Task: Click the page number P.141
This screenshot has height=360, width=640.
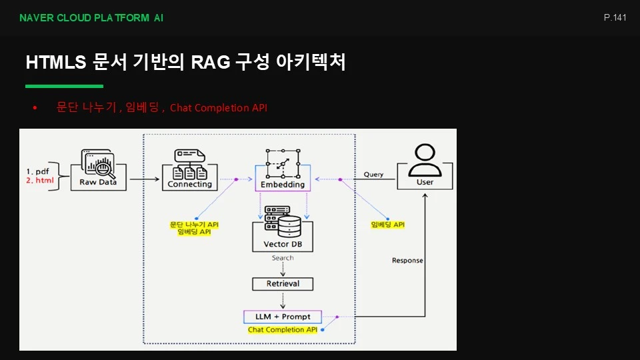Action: [x=615, y=17]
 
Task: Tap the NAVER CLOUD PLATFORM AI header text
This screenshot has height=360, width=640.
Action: [x=91, y=18]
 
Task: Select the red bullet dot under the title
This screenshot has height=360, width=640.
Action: [x=35, y=108]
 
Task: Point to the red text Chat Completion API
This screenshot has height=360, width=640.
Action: [x=219, y=108]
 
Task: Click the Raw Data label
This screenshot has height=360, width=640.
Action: [x=98, y=182]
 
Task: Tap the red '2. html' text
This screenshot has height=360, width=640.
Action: [x=40, y=181]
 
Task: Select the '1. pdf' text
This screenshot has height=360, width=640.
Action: [x=37, y=171]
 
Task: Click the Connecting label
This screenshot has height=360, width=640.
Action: [x=190, y=184]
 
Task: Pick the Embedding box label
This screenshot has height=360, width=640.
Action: [x=283, y=185]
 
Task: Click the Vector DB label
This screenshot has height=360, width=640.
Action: [x=283, y=244]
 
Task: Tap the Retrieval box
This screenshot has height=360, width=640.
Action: [x=283, y=284]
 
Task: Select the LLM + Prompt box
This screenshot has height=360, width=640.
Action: [x=283, y=317]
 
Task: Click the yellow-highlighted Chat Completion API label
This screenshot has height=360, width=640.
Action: [x=283, y=329]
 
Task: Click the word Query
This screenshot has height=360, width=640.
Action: [x=373, y=174]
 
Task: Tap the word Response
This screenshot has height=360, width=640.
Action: [x=407, y=261]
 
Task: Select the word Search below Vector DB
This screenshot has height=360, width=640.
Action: [x=283, y=258]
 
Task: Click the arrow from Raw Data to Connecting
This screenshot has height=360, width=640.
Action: [x=145, y=179]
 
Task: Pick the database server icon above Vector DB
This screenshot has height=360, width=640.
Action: [x=283, y=221]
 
